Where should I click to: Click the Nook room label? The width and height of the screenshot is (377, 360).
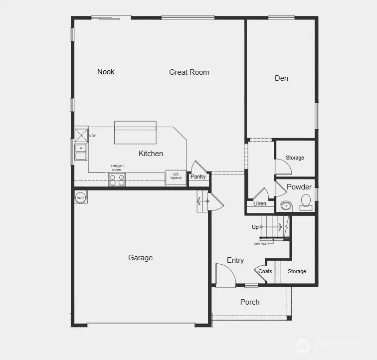point(106,72)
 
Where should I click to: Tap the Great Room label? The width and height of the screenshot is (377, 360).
point(189,72)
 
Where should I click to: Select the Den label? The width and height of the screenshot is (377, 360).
point(281,78)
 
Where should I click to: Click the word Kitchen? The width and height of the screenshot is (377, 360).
point(151,154)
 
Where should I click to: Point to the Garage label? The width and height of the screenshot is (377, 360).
point(140,258)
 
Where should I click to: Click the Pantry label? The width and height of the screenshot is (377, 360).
point(198,177)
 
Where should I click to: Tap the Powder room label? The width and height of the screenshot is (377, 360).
point(299,187)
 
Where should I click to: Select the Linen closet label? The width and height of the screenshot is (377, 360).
point(260,203)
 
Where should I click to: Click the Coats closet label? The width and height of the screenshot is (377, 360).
point(265,271)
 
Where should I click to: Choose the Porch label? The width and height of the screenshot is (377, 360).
point(250,302)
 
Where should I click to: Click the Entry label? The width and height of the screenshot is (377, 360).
point(235,260)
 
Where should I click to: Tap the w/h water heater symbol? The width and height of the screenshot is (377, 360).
point(80,197)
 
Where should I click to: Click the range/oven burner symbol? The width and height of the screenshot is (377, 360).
point(117,180)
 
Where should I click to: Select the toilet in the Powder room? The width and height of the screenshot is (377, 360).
point(305,201)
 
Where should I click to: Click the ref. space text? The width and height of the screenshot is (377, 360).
point(176,176)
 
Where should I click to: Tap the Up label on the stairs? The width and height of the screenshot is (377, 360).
point(255,227)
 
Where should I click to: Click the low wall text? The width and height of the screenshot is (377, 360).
point(261,243)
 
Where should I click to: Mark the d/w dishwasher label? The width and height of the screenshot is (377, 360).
point(92,135)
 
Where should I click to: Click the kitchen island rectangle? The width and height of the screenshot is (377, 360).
point(136,133)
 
